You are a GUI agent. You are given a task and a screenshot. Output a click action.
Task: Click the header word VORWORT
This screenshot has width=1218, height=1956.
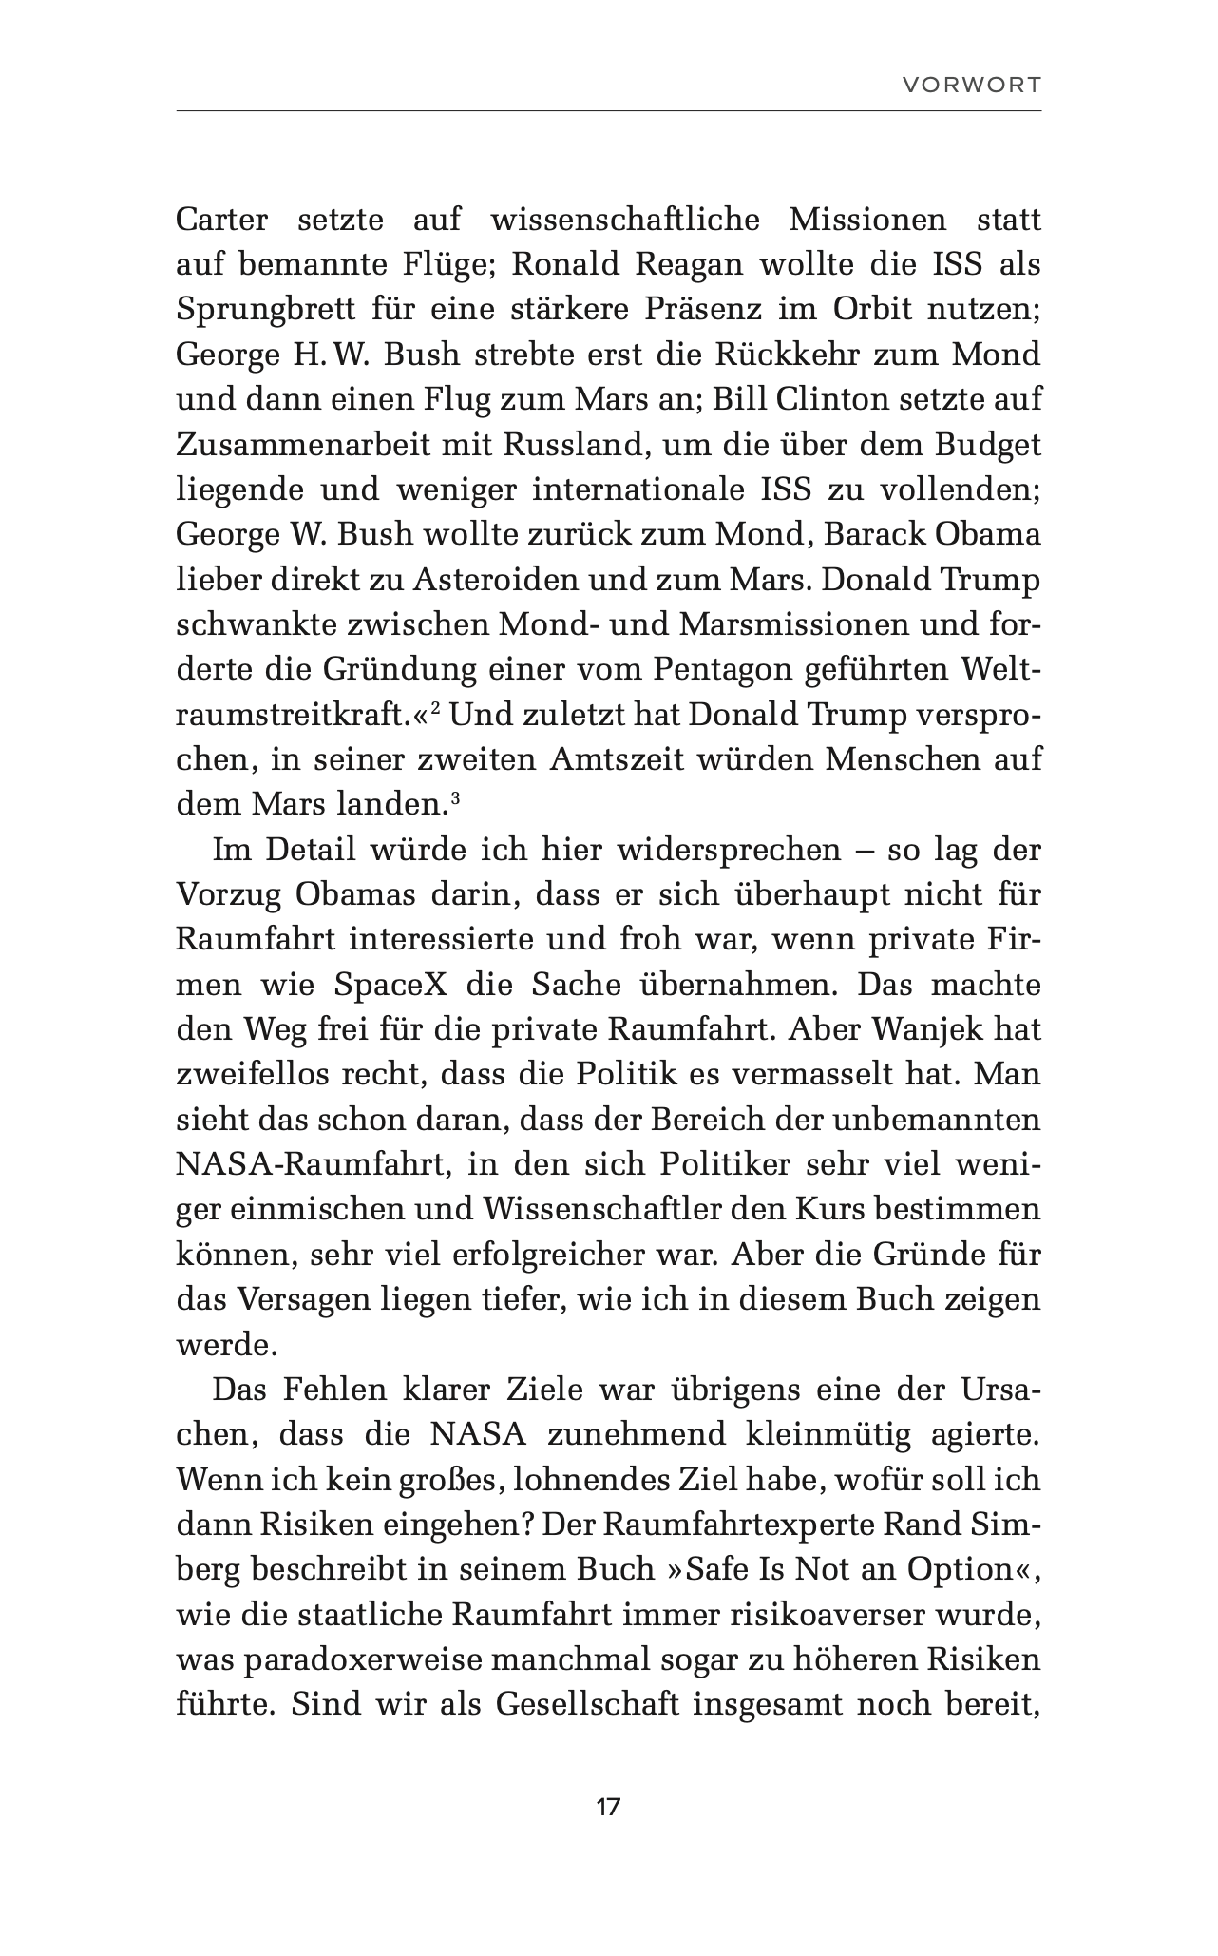pyautogui.click(x=971, y=85)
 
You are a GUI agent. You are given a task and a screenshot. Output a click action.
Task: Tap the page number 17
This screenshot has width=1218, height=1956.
pyautogui.click(x=608, y=1807)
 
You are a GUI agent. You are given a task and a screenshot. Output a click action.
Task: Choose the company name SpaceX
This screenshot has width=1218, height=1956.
pyautogui.click(x=390, y=984)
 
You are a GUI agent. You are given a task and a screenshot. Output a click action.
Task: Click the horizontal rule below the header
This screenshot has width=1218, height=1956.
pyautogui.click(x=608, y=111)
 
